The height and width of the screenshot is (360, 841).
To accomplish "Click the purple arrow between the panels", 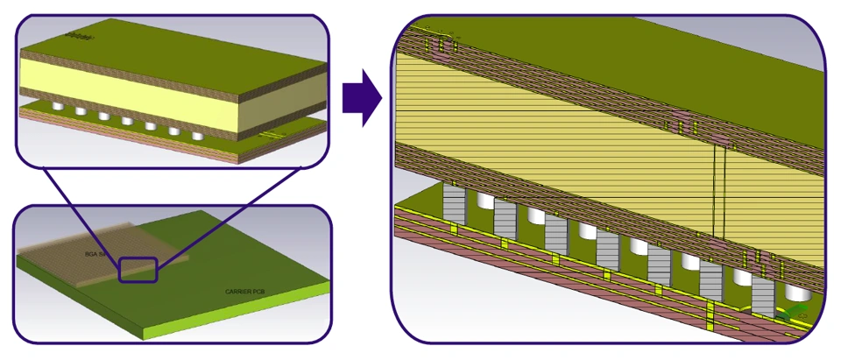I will [x=360, y=99].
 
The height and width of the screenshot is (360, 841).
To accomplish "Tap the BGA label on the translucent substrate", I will [x=94, y=253].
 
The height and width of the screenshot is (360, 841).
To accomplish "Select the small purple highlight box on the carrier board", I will [x=138, y=268].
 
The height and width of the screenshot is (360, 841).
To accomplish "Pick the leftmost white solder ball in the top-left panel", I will [x=59, y=106].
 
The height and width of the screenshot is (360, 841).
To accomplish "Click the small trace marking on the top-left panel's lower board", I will [x=273, y=133].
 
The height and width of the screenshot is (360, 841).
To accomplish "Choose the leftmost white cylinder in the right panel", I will [x=482, y=202].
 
